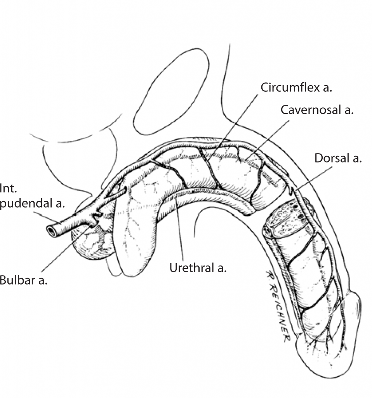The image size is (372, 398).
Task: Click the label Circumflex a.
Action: tap(296, 87)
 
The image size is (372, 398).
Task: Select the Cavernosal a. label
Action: tap(317, 110)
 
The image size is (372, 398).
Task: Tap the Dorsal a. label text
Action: tap(338, 159)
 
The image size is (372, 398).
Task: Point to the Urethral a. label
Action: tap(198, 268)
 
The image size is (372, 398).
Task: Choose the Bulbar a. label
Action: tap(23, 280)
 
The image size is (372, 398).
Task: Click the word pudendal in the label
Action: tap(31, 203)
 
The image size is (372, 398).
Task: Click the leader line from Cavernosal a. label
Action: tap(268, 140)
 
